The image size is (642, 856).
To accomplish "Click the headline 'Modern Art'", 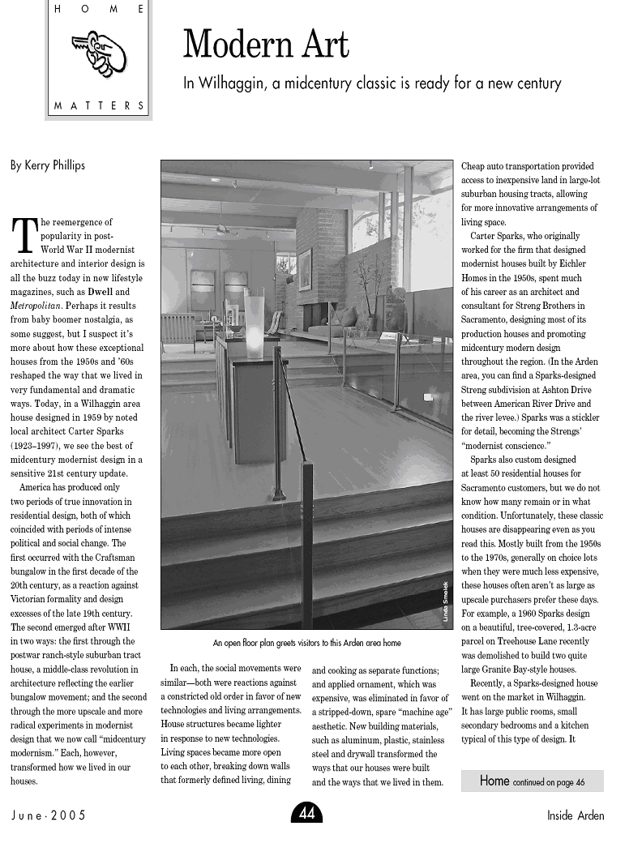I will pos(266,45).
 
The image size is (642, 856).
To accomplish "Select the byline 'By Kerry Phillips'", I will pos(48,165).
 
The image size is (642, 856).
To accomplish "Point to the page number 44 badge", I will pos(306,814).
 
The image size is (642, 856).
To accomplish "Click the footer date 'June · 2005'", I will pos(49,815).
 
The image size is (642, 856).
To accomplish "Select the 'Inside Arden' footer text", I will pos(576,815).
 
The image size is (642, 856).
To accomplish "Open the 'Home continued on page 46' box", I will pos(532,781).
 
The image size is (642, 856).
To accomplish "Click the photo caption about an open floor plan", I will pos(306,643).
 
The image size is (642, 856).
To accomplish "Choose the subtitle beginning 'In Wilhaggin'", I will pos(372,83).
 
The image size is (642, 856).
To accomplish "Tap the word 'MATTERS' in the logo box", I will pos(98,106).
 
